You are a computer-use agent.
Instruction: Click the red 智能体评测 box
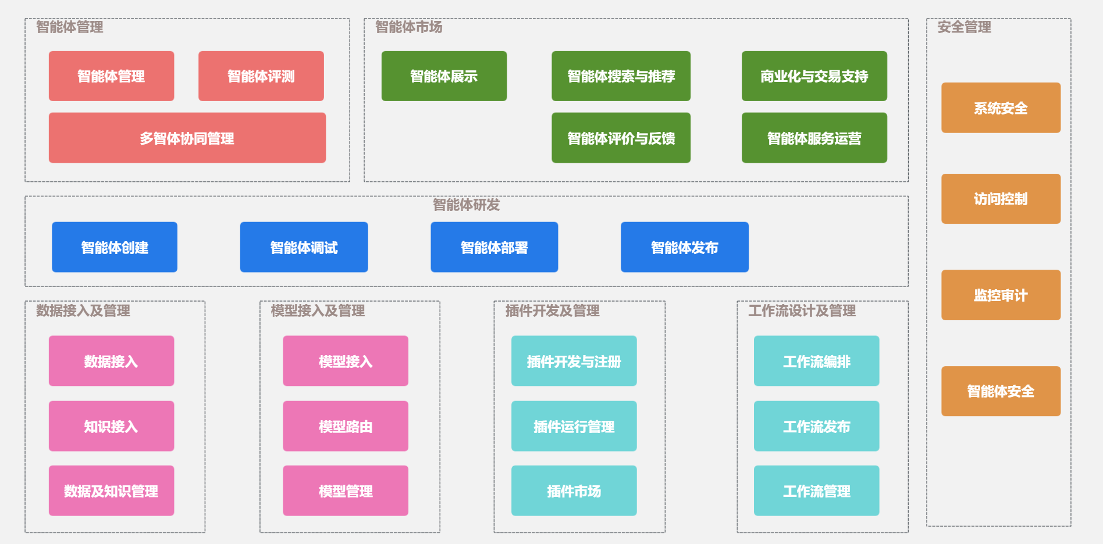(261, 76)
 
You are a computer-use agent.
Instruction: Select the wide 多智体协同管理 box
(187, 138)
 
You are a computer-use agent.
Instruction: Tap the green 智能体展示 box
(444, 76)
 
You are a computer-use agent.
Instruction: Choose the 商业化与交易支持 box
(814, 76)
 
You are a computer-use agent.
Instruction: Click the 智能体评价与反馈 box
(621, 138)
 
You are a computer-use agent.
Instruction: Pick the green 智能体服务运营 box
(814, 138)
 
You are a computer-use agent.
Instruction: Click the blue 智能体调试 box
(304, 247)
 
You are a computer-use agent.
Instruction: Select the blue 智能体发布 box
(684, 247)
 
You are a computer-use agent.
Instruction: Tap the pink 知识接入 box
(111, 426)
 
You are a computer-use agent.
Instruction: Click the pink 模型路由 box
(346, 426)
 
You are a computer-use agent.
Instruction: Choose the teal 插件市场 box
(574, 491)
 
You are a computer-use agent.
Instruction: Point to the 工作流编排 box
(816, 361)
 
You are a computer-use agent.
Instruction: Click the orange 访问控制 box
(1001, 199)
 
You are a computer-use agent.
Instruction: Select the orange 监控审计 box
(1001, 295)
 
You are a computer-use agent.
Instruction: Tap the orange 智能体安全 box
(1001, 391)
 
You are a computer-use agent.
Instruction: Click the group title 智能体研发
(466, 205)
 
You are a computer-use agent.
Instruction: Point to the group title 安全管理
(964, 27)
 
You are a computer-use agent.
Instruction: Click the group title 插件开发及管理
(552, 310)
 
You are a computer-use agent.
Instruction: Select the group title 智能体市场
(408, 27)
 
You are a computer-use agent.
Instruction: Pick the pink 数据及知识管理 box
(111, 491)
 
